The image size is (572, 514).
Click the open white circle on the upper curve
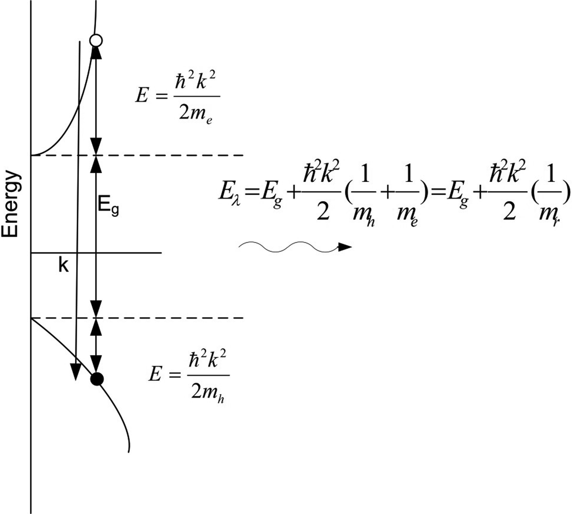point(96,40)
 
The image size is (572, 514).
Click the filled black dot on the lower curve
point(97,379)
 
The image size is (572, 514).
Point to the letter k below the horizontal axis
point(63,265)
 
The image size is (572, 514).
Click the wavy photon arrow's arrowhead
point(345,247)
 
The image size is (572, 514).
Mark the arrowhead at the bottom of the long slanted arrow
point(75,371)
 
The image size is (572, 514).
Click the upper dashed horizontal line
point(168,155)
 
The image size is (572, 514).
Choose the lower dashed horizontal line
point(168,317)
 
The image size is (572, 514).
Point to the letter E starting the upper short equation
point(141,96)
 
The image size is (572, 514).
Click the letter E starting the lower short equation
point(155,374)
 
